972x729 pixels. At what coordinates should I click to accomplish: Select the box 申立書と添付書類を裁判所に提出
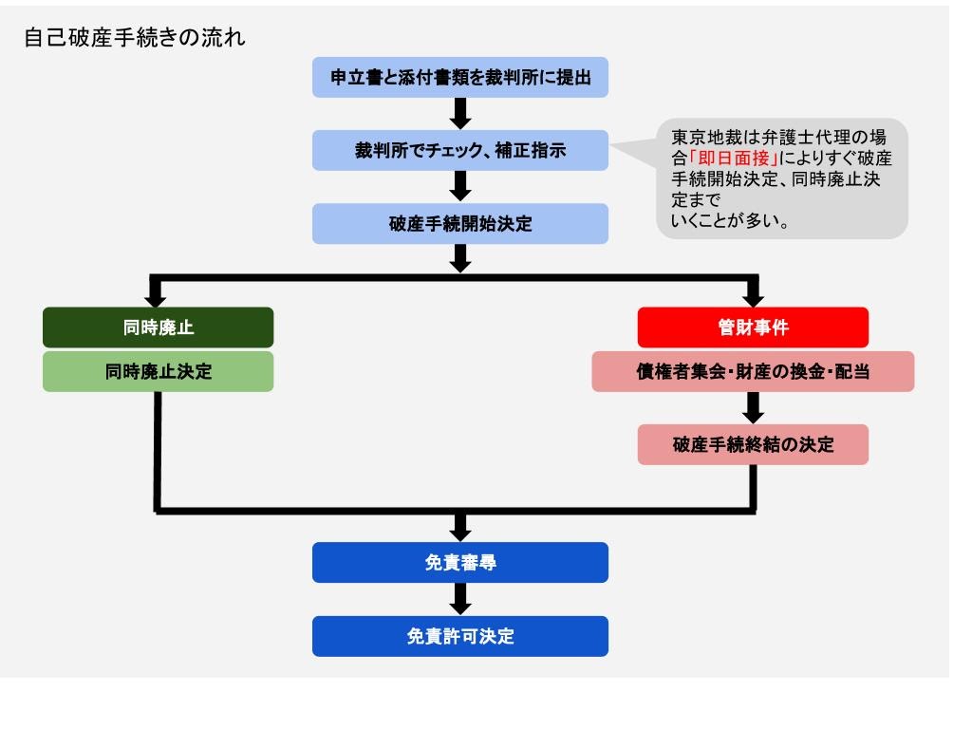pyautogui.click(x=460, y=78)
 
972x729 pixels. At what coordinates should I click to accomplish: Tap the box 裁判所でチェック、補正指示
pyautogui.click(x=460, y=150)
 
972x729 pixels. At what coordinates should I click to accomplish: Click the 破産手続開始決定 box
pyautogui.click(x=460, y=224)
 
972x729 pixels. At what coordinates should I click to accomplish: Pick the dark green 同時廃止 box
pyautogui.click(x=158, y=327)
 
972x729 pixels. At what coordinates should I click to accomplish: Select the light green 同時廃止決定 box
pyautogui.click(x=158, y=372)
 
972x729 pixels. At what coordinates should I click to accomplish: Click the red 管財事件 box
pyautogui.click(x=753, y=327)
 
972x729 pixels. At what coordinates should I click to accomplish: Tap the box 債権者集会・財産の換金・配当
pyautogui.click(x=753, y=372)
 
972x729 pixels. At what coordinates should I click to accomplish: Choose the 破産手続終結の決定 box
pyautogui.click(x=753, y=444)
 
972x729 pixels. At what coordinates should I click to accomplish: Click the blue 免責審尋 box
pyautogui.click(x=460, y=563)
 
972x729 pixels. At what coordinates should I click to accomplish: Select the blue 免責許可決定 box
pyautogui.click(x=460, y=636)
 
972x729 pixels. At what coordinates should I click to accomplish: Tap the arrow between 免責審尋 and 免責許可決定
pyautogui.click(x=460, y=599)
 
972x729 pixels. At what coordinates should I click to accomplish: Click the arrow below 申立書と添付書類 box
pyautogui.click(x=460, y=113)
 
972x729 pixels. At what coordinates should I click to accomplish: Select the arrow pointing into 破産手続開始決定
pyautogui.click(x=460, y=186)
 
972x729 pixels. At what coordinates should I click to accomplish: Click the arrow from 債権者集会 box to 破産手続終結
pyautogui.click(x=753, y=407)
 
